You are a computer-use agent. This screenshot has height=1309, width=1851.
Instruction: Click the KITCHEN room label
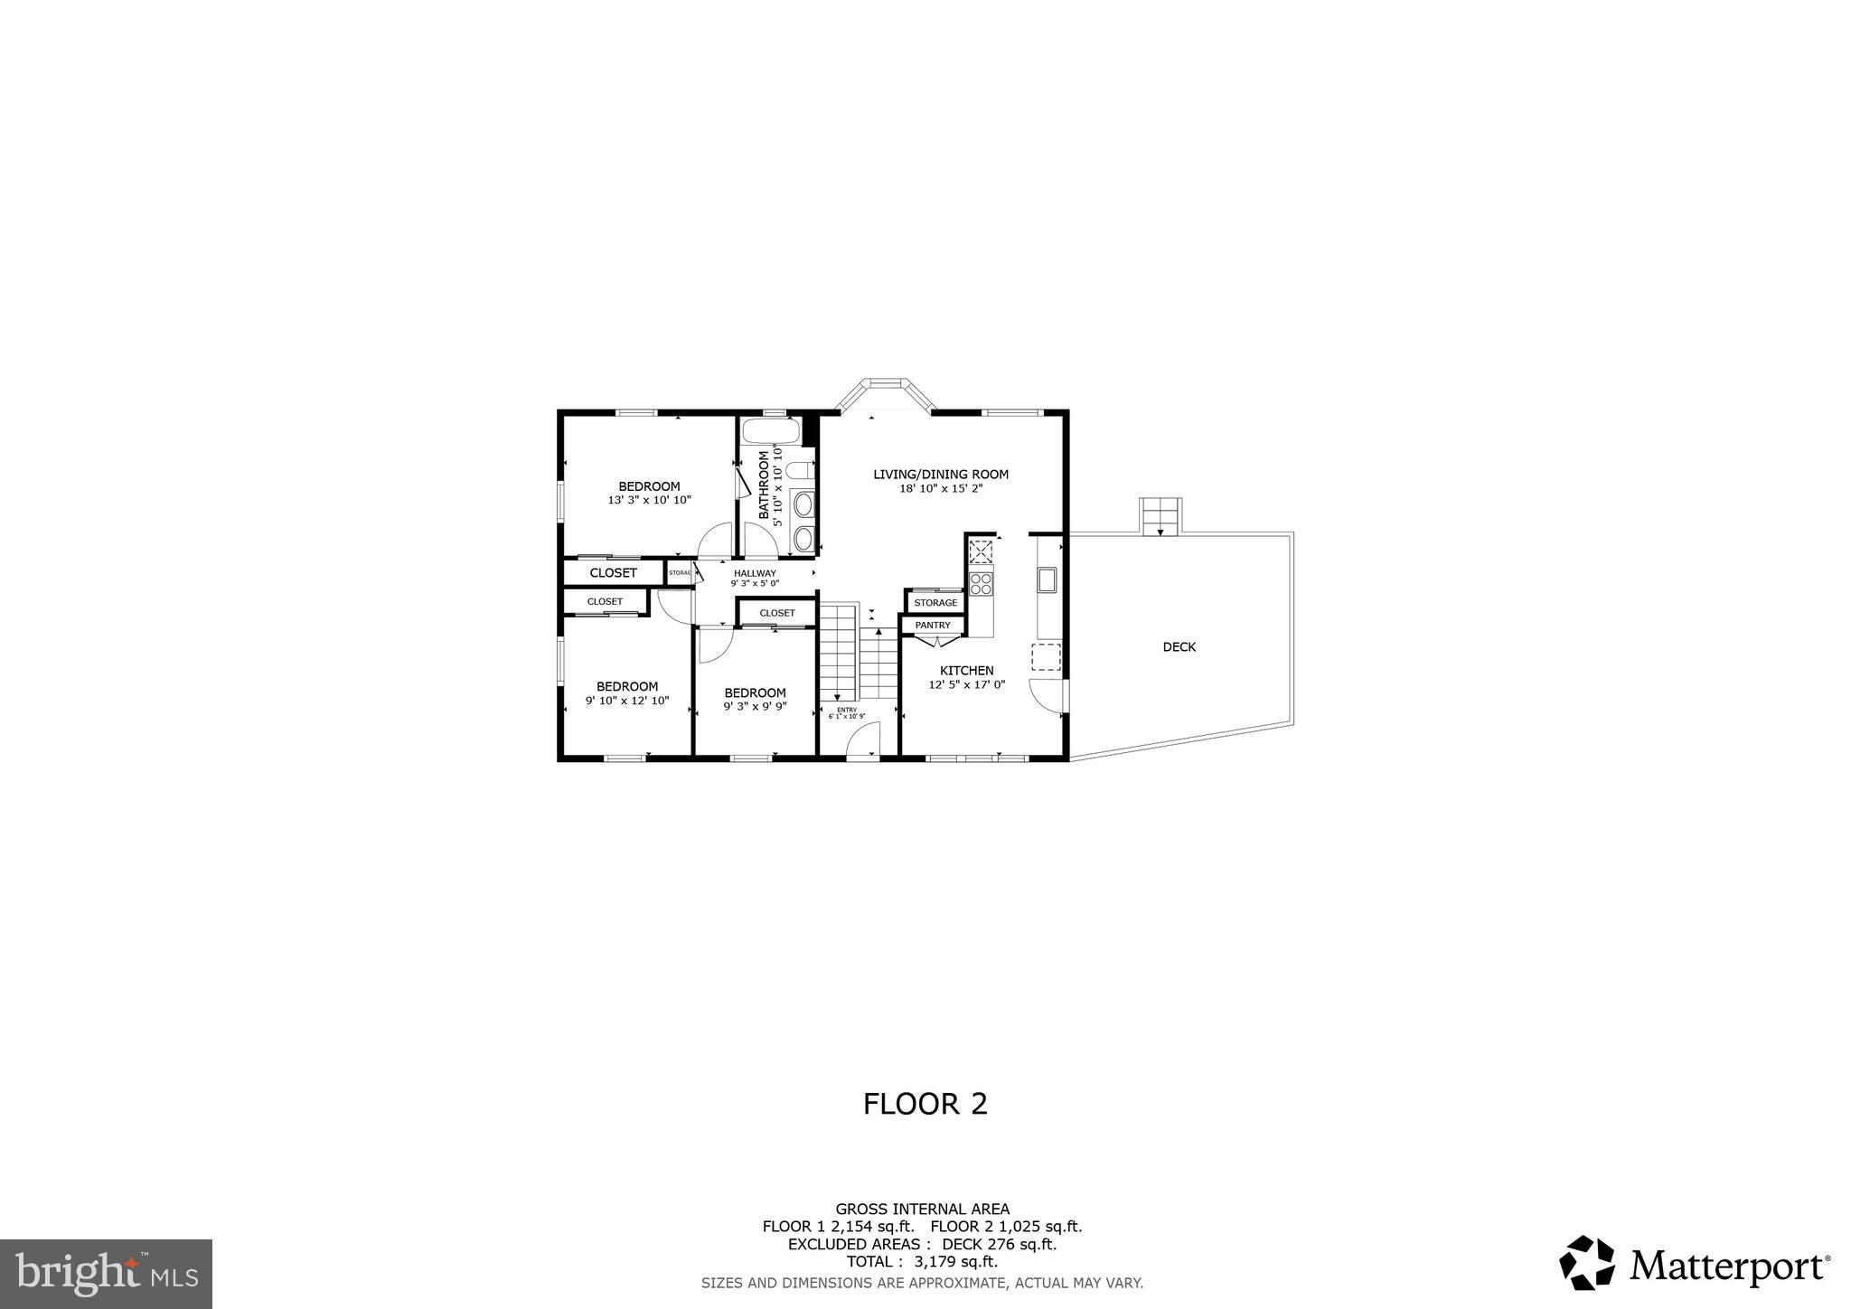[x=966, y=670]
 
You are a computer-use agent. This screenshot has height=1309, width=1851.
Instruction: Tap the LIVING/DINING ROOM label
[x=940, y=474]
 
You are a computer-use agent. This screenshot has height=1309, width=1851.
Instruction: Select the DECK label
[x=1179, y=646]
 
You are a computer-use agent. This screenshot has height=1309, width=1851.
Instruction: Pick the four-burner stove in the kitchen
[x=981, y=583]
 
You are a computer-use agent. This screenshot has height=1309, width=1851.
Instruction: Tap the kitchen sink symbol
[x=1047, y=579]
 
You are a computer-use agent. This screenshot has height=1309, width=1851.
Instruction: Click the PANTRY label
[x=933, y=625]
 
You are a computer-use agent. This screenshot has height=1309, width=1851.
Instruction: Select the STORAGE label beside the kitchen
[x=935, y=603]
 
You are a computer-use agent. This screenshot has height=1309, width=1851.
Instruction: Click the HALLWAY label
[x=755, y=573]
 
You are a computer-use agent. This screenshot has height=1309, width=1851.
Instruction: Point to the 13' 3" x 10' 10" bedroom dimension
[x=649, y=500]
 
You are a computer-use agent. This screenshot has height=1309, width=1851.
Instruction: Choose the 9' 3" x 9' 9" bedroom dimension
[x=755, y=707]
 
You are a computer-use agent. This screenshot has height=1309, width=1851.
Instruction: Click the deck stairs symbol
[x=1160, y=516]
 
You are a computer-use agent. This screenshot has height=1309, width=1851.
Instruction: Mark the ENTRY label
[x=846, y=710]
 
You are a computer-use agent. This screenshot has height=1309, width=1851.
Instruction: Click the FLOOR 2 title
[x=925, y=1104]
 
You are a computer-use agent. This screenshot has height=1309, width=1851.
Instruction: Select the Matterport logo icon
[x=1586, y=1262]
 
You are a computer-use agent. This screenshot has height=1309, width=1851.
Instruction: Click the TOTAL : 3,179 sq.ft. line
[x=922, y=1262]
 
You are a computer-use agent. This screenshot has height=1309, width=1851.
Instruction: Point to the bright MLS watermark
[x=106, y=1274]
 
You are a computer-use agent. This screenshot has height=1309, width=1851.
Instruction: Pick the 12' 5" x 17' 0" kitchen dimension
[x=966, y=685]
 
